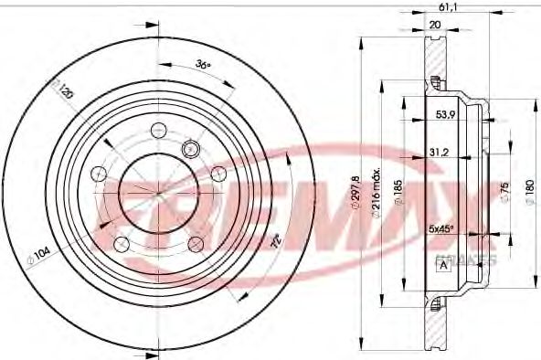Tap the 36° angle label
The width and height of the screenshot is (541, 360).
click(203, 65)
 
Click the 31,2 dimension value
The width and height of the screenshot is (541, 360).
click(440, 153)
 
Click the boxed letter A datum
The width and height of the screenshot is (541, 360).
click(444, 266)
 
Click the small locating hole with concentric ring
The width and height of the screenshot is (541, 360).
click(191, 148)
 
